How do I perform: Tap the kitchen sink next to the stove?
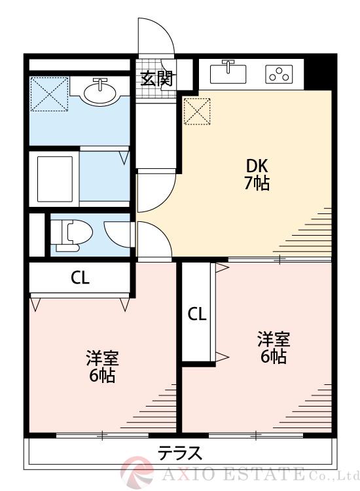(228, 72)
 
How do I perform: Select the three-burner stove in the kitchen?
(278, 74)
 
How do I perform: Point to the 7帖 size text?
(256, 183)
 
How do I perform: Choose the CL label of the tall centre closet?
(197, 314)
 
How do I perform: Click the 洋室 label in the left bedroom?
(102, 358)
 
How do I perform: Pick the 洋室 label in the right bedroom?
(273, 339)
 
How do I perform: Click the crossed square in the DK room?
(197, 111)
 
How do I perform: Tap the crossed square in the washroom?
(48, 94)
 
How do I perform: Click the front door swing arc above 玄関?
(160, 36)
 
